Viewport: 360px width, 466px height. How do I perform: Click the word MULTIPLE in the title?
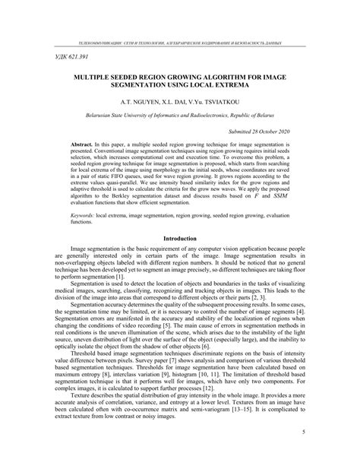(x=99, y=78)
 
